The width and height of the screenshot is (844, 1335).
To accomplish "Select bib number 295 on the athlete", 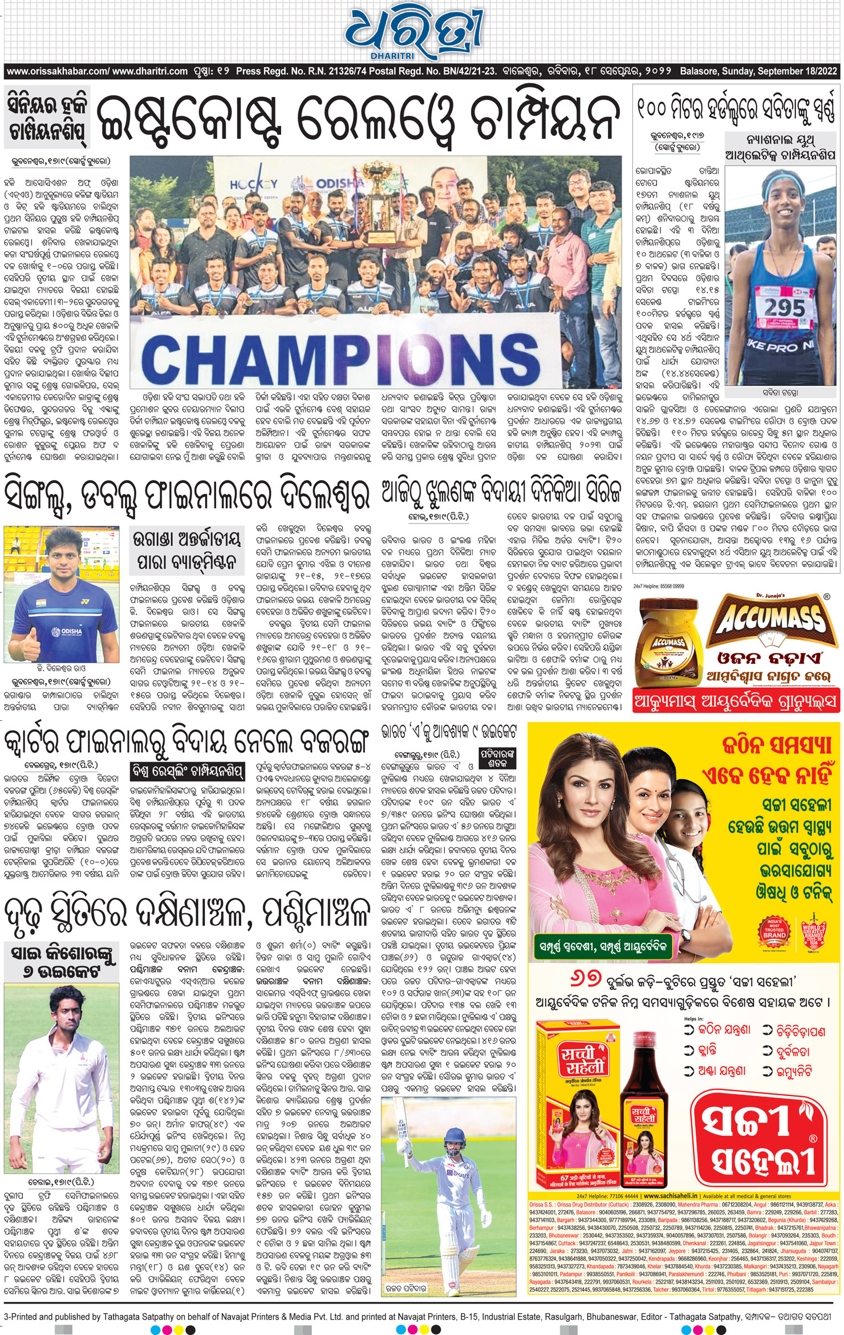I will pyautogui.click(x=784, y=309).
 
